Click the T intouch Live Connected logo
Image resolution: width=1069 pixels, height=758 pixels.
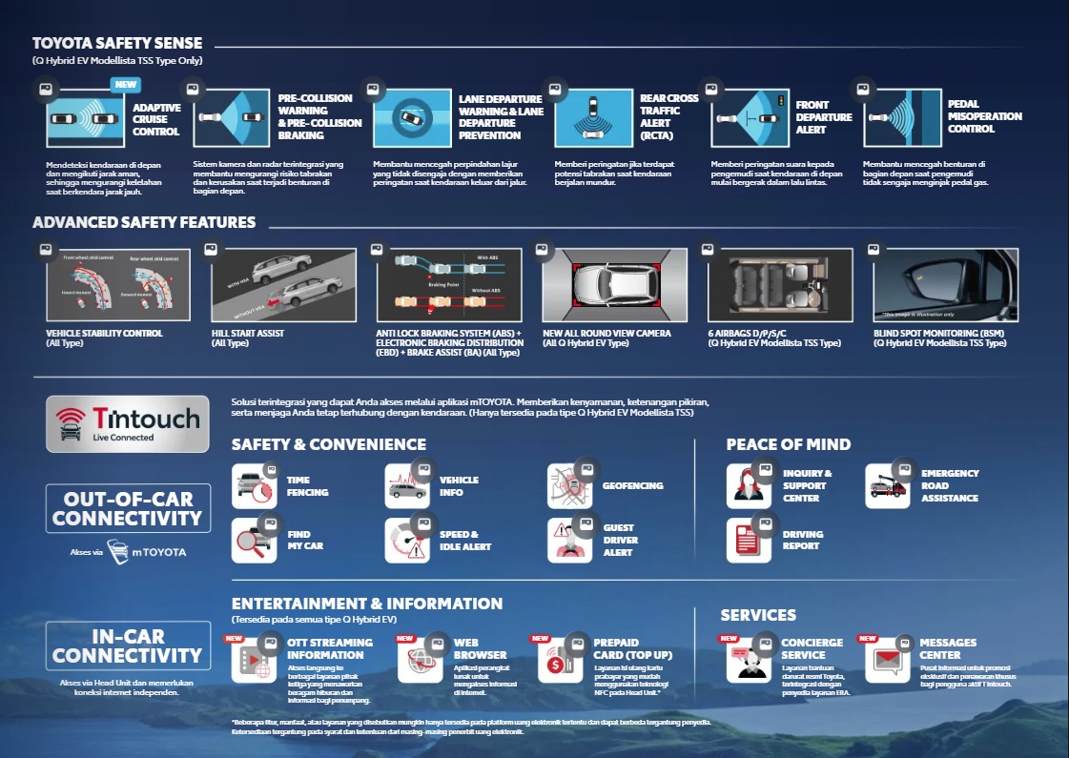click(x=127, y=423)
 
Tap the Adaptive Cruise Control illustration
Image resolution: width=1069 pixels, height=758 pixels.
click(x=86, y=119)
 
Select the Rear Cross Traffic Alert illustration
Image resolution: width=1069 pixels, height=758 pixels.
click(x=593, y=119)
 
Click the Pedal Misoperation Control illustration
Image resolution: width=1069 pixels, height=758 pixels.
click(x=902, y=119)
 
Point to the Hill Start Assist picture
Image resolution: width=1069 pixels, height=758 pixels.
click(x=283, y=285)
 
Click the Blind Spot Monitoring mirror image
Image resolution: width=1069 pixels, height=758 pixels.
click(x=946, y=285)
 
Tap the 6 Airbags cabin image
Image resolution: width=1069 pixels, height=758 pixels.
click(x=781, y=285)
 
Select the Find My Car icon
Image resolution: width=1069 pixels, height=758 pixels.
click(x=254, y=541)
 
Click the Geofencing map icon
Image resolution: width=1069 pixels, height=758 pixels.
click(x=569, y=485)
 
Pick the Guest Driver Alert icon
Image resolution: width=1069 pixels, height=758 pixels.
click(x=569, y=541)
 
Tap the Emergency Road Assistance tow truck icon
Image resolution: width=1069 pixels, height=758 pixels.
click(x=888, y=485)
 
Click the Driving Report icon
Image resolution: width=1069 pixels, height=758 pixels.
click(x=749, y=541)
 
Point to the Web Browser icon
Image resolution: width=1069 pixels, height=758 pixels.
click(x=420, y=659)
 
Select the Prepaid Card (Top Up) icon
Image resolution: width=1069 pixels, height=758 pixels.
click(x=560, y=659)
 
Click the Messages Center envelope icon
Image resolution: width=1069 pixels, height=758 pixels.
click(x=887, y=659)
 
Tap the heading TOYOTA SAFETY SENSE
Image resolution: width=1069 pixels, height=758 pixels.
click(x=117, y=43)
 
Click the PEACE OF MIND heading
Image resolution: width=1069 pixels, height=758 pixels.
click(x=788, y=444)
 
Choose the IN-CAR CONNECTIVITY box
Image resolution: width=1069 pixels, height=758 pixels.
click(x=127, y=645)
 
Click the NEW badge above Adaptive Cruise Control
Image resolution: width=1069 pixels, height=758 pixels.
click(x=126, y=85)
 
